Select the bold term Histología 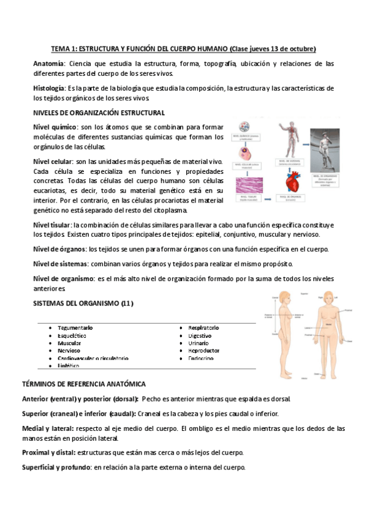click(50, 88)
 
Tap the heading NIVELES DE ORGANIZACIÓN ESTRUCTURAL click(99, 113)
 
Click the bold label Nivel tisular click(52, 225)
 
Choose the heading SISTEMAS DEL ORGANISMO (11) click(83, 304)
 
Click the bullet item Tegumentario click(75, 328)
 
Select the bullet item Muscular click(69, 343)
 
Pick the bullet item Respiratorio click(204, 328)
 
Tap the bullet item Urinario click(199, 343)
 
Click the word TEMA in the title click(60, 48)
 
